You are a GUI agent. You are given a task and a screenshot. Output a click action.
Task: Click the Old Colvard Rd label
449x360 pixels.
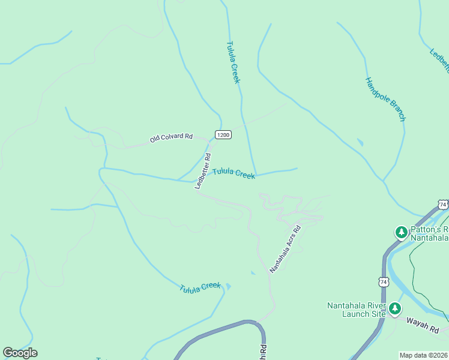171,138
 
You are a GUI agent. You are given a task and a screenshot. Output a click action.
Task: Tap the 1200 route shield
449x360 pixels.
223,135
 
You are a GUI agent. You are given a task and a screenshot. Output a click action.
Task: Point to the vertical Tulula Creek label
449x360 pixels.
234,62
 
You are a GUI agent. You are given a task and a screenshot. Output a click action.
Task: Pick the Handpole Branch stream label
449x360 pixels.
385,99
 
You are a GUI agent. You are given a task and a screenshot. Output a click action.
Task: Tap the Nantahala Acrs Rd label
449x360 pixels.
285,249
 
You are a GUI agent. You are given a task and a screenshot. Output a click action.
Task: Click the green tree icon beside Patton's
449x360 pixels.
400,232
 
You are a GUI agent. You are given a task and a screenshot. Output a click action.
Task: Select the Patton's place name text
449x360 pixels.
428,229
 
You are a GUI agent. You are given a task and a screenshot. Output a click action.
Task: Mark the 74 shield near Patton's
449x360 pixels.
443,205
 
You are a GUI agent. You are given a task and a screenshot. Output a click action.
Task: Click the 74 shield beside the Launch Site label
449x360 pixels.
383,281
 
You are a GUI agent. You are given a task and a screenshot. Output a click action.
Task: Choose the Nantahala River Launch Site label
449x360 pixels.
356,309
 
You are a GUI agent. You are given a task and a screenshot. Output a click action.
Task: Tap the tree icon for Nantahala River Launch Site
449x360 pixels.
394,309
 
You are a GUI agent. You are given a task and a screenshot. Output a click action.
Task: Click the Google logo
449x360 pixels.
20,353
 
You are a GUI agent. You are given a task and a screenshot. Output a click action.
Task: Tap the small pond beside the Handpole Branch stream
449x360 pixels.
360,142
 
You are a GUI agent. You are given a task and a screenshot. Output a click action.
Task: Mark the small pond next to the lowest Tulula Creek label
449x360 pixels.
228,286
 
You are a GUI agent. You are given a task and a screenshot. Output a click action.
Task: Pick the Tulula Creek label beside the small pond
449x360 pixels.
200,287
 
